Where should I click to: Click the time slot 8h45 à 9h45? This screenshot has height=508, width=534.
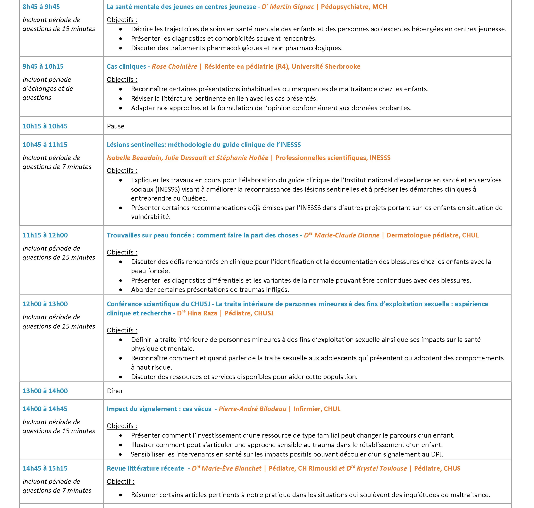point(41,7)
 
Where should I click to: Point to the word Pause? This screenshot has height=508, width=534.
point(116,126)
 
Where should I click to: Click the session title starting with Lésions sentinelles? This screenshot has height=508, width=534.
point(204,145)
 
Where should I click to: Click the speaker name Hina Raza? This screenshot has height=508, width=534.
point(202,313)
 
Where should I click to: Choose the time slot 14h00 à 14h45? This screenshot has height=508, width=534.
point(45,409)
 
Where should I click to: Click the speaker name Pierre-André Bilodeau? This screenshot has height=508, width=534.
point(253,409)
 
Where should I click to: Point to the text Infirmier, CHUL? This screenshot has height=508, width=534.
point(317,409)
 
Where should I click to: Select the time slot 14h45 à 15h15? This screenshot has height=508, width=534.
point(45,468)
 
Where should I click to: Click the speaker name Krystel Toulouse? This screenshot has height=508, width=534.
point(382,468)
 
